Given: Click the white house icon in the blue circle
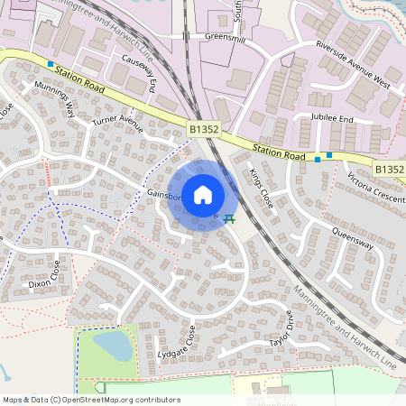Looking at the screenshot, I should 202,194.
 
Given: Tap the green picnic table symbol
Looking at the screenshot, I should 230,217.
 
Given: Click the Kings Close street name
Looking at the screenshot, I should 262,188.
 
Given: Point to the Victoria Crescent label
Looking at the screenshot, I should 368,186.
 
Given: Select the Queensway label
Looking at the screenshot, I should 351,235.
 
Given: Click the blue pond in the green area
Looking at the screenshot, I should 110,344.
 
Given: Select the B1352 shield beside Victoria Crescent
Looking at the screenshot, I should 390,169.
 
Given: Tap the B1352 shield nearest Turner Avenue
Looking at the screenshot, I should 204,131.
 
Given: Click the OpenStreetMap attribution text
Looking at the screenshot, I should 90,400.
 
